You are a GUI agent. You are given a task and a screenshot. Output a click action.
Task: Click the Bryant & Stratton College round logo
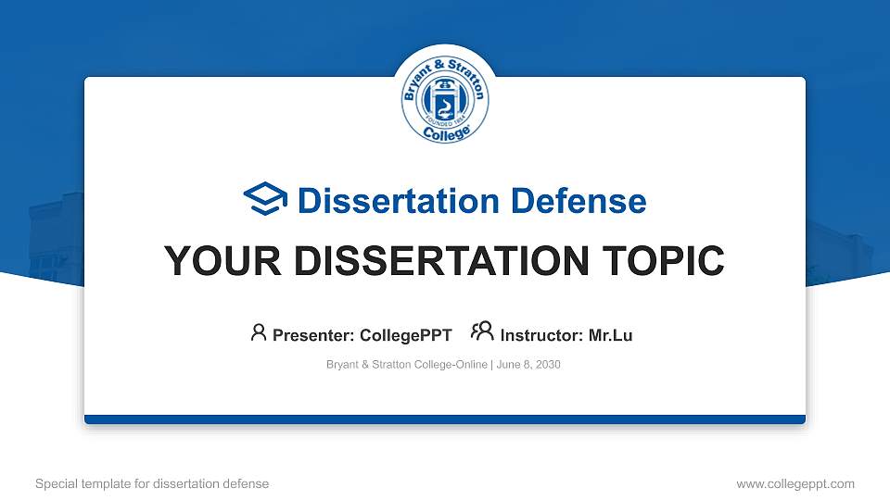(x=445, y=101)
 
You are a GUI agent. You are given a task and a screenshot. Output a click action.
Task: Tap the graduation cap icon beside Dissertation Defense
(x=265, y=200)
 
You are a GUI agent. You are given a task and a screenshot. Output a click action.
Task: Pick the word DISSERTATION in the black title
(x=440, y=262)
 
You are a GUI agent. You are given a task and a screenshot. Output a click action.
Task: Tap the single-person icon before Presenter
(x=259, y=333)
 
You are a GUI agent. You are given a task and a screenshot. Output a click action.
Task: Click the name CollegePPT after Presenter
(x=406, y=335)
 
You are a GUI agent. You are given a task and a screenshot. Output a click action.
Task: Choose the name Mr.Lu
(x=611, y=335)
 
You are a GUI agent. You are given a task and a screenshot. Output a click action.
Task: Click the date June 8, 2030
(x=528, y=365)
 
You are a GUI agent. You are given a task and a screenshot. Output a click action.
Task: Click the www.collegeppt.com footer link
(x=795, y=483)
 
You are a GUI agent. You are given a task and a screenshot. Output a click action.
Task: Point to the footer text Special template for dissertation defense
(x=152, y=483)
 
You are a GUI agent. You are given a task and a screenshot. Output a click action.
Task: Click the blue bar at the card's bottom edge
(x=445, y=419)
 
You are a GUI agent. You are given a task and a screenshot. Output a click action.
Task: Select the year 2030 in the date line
(x=548, y=365)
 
